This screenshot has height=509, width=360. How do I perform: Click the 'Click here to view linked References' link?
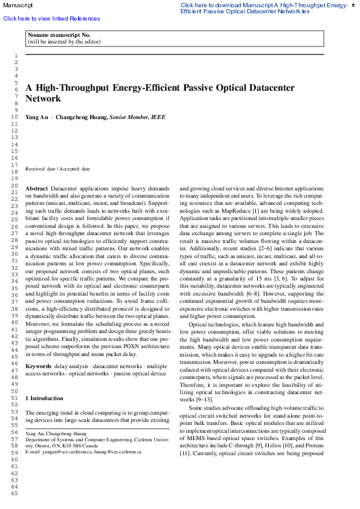(x=51, y=19)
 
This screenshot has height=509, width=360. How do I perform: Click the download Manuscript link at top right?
(x=264, y=8)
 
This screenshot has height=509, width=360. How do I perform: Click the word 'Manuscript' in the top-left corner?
(x=18, y=5)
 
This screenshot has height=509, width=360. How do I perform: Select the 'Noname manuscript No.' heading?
(x=59, y=35)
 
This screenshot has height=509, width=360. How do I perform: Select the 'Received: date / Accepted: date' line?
(x=57, y=169)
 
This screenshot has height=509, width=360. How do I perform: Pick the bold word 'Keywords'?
(x=38, y=366)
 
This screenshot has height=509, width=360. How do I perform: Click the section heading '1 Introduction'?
(x=44, y=398)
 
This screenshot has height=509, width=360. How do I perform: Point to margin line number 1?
(x=16, y=56)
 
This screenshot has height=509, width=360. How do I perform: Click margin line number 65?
(x=15, y=493)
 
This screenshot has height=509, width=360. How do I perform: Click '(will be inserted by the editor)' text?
(x=64, y=42)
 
